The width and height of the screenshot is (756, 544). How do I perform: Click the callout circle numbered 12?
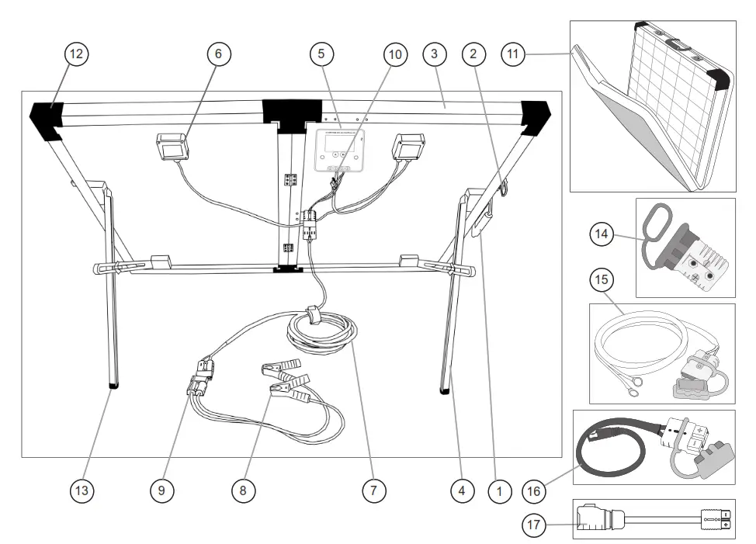[x=77, y=54]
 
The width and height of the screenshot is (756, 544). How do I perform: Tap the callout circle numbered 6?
[x=218, y=54]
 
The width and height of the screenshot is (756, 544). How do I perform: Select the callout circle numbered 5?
[x=321, y=54]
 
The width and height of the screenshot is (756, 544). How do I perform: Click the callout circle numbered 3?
[x=435, y=54]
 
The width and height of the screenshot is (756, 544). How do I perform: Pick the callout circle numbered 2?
[x=473, y=54]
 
